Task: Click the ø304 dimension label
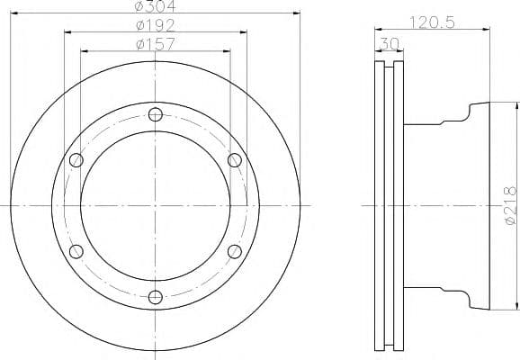tap(156, 4)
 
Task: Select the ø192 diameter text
tap(156, 24)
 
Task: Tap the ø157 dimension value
tap(156, 43)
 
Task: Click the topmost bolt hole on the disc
tap(156, 114)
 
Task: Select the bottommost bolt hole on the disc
tap(156, 297)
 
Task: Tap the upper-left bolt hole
tap(76, 160)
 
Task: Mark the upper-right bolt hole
tap(235, 160)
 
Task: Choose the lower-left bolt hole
tap(76, 251)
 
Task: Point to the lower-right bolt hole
tap(235, 251)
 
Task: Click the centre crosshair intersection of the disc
tap(156, 205)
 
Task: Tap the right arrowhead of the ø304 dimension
tap(296, 12)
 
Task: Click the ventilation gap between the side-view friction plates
tap(390, 205)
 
